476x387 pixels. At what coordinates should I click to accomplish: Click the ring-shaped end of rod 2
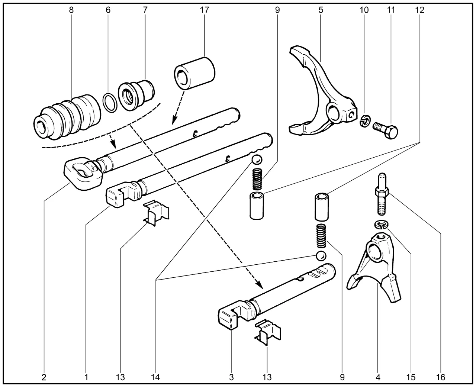point(83,172)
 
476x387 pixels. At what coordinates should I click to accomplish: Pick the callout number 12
point(419,10)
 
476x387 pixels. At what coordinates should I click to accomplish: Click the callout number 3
point(231,377)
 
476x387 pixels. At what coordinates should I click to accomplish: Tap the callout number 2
point(44,377)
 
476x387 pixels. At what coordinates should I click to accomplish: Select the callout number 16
point(441,377)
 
